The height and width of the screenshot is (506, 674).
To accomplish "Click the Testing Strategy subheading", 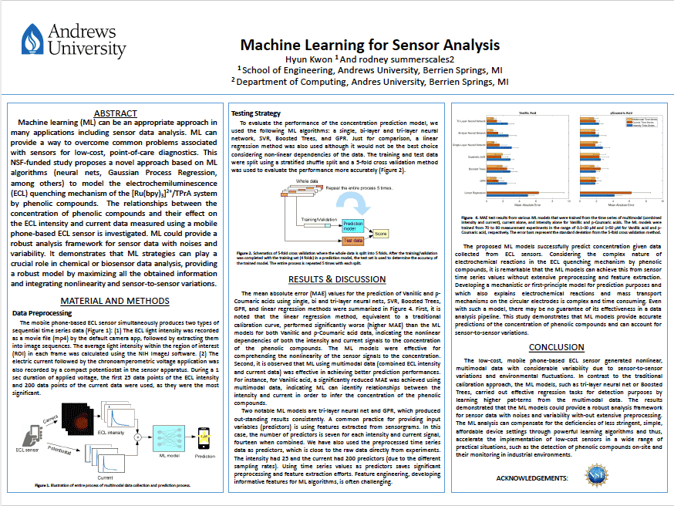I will coord(256,114).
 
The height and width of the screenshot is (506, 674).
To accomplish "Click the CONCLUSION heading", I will coord(557,347).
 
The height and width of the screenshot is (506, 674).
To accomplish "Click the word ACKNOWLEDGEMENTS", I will coord(532,479).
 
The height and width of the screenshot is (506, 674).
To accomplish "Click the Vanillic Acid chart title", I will coord(528,113).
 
